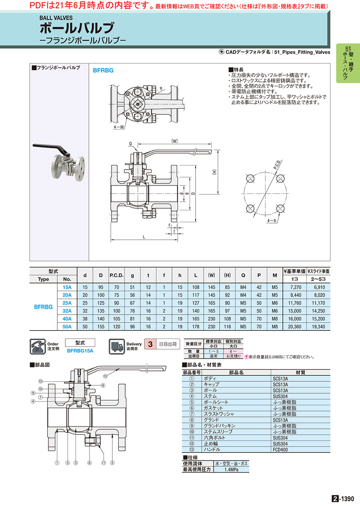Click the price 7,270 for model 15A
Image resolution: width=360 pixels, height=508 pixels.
[x=296, y=287]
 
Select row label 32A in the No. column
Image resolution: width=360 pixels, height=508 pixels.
[x=67, y=311]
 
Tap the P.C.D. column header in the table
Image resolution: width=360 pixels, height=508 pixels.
[x=116, y=275]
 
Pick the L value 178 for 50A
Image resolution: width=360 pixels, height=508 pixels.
[x=196, y=327]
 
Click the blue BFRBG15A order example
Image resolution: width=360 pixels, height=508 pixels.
[x=80, y=351]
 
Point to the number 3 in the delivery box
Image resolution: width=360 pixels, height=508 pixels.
[x=150, y=344]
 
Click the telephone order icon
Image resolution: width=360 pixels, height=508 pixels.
[x=38, y=346]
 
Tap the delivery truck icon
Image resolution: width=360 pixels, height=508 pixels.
[x=117, y=346]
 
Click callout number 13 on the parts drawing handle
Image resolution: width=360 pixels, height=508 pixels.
[x=105, y=376]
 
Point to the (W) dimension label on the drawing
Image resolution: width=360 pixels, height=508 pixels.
[x=174, y=141]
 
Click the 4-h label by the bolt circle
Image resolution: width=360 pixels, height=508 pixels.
[x=272, y=221]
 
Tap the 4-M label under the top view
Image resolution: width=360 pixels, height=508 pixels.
[x=119, y=127]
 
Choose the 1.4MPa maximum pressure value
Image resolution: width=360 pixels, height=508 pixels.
[x=231, y=470]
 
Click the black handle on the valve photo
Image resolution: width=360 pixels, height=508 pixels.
[x=50, y=149]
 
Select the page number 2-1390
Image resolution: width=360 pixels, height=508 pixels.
[x=343, y=499]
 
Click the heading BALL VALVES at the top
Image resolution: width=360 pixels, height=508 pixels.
[x=56, y=18]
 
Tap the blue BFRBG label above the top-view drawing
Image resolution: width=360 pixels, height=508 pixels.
[x=103, y=70]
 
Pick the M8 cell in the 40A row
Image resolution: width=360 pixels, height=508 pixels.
[x=275, y=319]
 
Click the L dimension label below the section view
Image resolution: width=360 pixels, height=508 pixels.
[x=144, y=237]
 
